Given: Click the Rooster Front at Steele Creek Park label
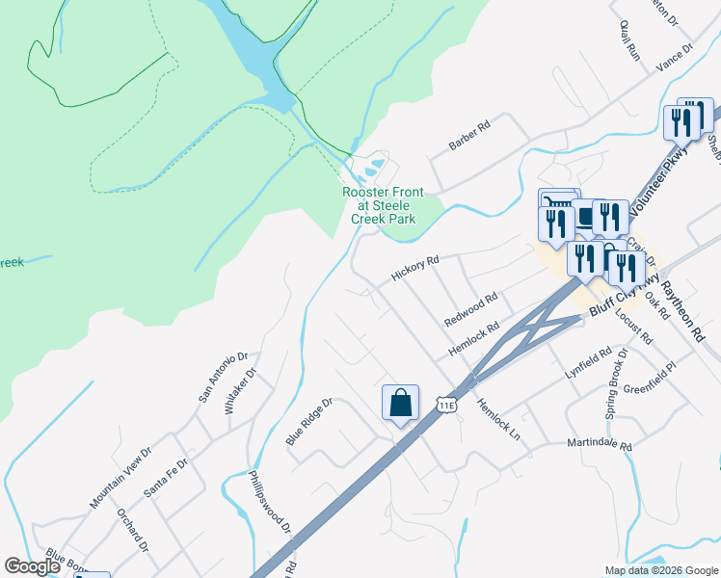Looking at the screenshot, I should pos(383,205).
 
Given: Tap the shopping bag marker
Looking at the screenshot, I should pos(400,405).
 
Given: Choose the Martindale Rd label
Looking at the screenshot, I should pos(599,446).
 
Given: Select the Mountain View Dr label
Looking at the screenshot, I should pos(121,477).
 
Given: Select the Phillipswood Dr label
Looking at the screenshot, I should pos(270,501).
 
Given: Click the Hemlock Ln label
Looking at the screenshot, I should pos(497,420).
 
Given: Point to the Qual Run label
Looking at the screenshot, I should pos(631,39).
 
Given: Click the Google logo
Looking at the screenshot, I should pos(33,566).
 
